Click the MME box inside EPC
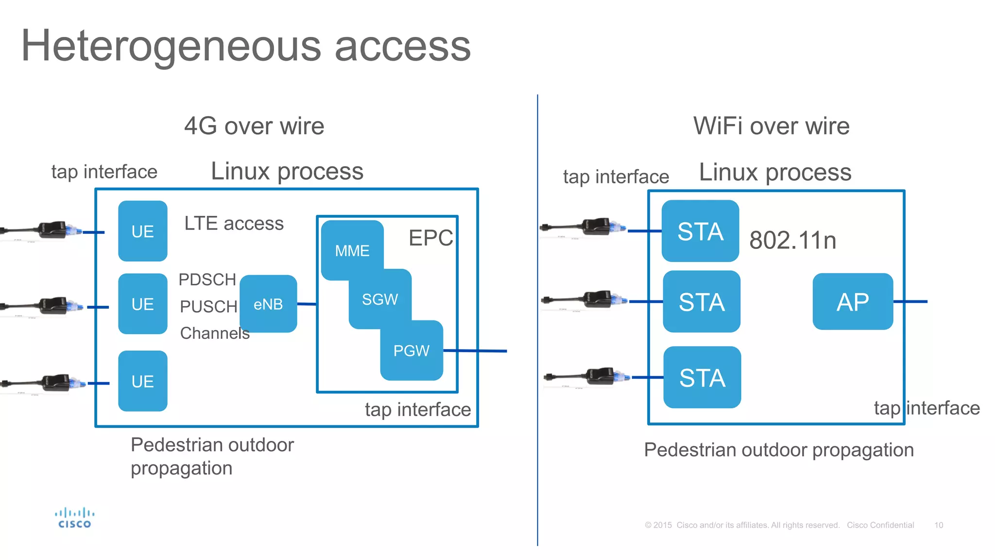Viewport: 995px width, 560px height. coord(352,250)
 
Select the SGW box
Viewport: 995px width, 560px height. coord(380,298)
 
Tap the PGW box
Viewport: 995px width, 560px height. coord(412,350)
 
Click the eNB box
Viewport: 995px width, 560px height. coord(268,304)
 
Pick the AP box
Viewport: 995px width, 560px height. coord(853,301)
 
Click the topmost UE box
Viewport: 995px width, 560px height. coord(143,231)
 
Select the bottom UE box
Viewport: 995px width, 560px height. coord(143,381)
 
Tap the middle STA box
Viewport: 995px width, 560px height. coord(702,301)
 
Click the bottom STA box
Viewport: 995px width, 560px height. coord(702,377)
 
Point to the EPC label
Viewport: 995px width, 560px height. coord(430,238)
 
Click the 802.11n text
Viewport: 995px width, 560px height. coord(792,240)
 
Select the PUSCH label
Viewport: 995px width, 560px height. coord(208,306)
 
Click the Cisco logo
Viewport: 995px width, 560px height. coord(74,518)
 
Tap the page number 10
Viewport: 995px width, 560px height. coord(938,525)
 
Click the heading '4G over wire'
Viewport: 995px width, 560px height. coord(254,126)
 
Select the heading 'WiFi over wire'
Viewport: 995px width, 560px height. coord(771,126)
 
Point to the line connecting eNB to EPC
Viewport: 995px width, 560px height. coord(307,304)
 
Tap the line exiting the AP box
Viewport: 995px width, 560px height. coord(910,301)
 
